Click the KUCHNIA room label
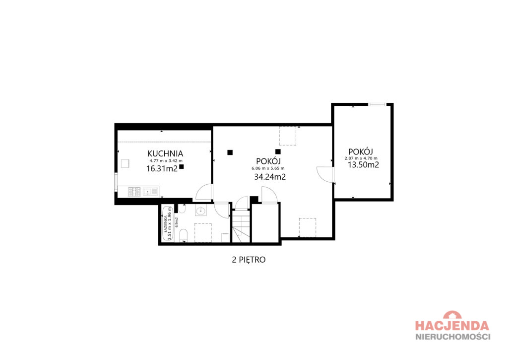pyautogui.click(x=165, y=153)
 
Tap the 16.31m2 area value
pyautogui.click(x=162, y=168)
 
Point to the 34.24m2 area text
pyautogui.click(x=270, y=177)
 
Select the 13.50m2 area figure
pyautogui.click(x=364, y=164)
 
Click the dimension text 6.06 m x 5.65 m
pyautogui.click(x=268, y=168)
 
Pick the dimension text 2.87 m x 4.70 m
pyautogui.click(x=361, y=158)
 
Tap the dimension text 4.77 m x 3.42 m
pyautogui.click(x=166, y=160)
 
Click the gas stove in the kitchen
pyautogui.click(x=134, y=192)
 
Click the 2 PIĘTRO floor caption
pyautogui.click(x=249, y=260)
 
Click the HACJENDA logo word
pyautogui.click(x=452, y=325)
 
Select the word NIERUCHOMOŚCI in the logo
pyautogui.click(x=452, y=336)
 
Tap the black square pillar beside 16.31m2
pyautogui.click(x=182, y=166)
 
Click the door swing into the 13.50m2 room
pyautogui.click(x=324, y=174)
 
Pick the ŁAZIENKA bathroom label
pyautogui.click(x=165, y=224)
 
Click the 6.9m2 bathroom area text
pyautogui.click(x=177, y=222)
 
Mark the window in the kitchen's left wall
pyautogui.click(x=116, y=185)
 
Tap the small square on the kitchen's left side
pyautogui.click(x=125, y=163)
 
